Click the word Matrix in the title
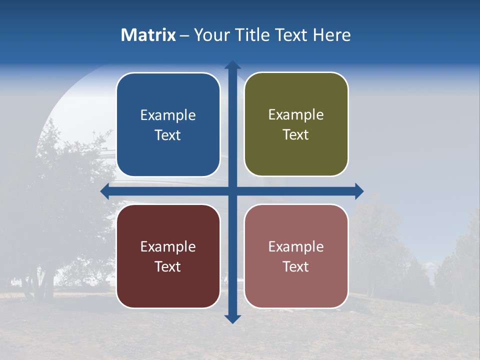coord(148,35)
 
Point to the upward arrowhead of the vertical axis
coord(232,65)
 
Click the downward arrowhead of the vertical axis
coord(232,318)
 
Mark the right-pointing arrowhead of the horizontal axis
coord(358,191)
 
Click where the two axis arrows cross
coord(232,191)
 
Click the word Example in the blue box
coord(168,115)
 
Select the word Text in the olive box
coord(296,135)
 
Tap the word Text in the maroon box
coord(168,266)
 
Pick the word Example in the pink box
coord(296,246)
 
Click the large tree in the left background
coord(55,200)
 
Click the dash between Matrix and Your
coord(184,35)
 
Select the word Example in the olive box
coord(296,115)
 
